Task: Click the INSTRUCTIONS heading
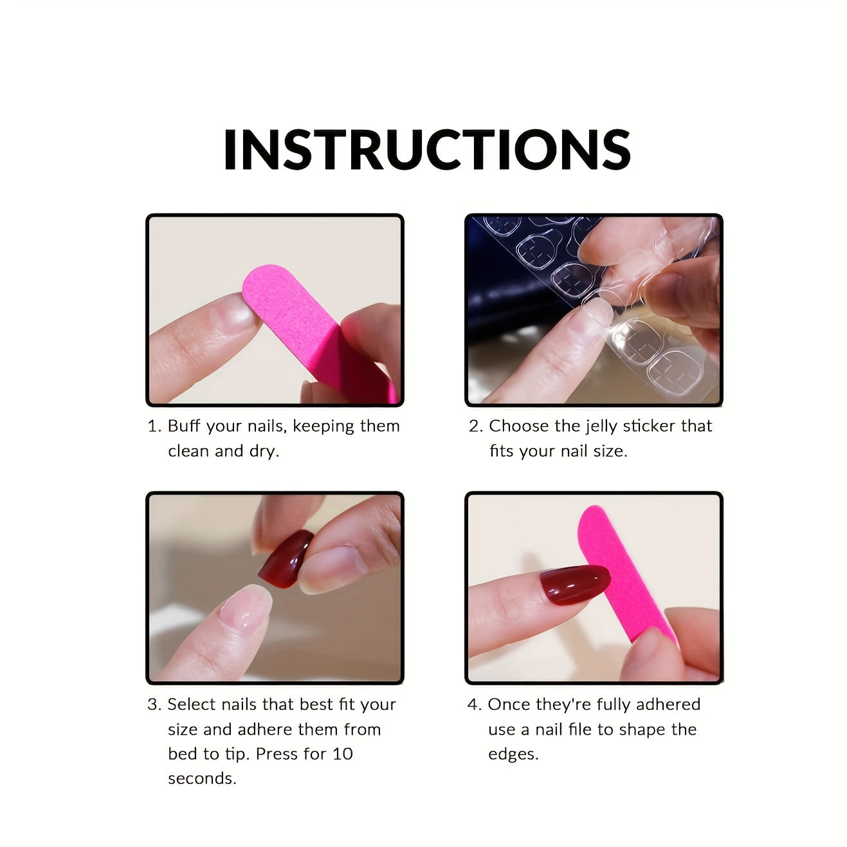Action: coord(426,149)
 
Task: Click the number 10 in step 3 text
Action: coord(343,754)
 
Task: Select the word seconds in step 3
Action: coord(202,778)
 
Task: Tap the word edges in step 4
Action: coord(513,754)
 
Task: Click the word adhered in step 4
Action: coord(668,704)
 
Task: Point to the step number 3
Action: coord(153,704)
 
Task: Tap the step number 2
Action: coord(475,426)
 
